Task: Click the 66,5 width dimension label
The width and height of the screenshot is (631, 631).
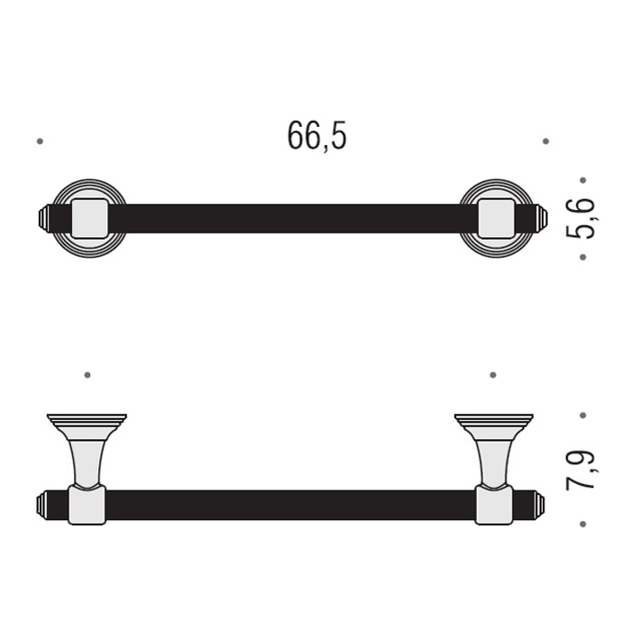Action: tap(316, 136)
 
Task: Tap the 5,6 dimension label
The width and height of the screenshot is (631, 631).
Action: tap(581, 218)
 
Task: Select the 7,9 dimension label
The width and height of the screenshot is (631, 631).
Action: tap(581, 470)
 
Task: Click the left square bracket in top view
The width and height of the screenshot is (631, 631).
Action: tap(89, 218)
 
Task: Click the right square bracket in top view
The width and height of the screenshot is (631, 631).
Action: tap(496, 218)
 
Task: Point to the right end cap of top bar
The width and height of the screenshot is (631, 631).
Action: tap(542, 218)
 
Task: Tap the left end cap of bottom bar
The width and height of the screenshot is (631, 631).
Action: tap(42, 505)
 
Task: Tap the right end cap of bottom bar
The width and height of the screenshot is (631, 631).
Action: tap(540, 505)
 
